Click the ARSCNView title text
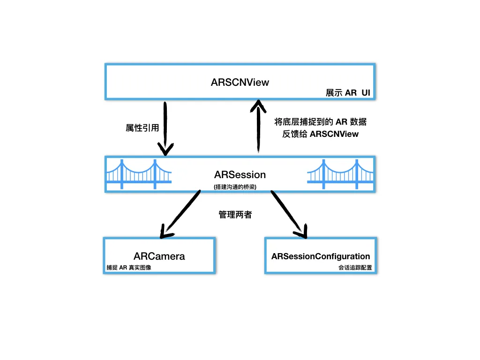pos(240,82)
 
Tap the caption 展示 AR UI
pos(348,93)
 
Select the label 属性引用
pos(140,127)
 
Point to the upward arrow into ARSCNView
pos(257,129)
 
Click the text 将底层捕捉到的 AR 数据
pos(320,122)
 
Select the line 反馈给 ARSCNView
pos(320,134)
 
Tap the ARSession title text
pos(240,174)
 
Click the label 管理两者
pos(235,215)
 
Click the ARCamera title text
pos(159,256)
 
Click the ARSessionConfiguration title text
pos(321,256)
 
